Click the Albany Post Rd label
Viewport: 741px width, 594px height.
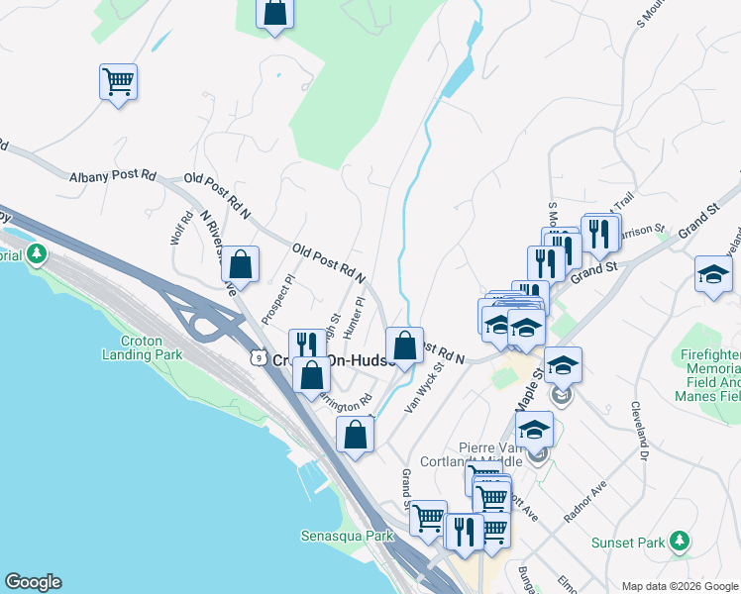[x=113, y=175]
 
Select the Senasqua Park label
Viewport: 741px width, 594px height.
[x=340, y=536]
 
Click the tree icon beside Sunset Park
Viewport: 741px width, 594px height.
[x=679, y=541]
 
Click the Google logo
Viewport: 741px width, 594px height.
[x=32, y=582]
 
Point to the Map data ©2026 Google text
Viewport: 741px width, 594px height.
[x=679, y=586]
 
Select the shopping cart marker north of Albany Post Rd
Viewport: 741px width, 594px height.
[x=118, y=82]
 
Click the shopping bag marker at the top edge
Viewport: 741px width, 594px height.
[x=275, y=14]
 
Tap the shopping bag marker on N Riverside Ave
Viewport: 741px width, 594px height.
[x=240, y=264]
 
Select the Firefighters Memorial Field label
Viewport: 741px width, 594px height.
[x=710, y=374]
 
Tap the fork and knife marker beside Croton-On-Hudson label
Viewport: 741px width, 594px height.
[x=307, y=346]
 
